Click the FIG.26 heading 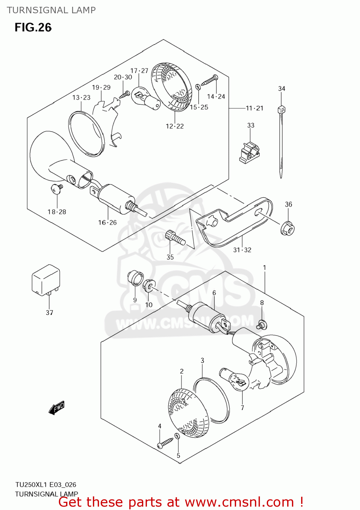33,28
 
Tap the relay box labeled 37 46,280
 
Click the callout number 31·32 242,250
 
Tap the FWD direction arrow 56,408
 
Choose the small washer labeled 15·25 198,87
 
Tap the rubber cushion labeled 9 135,278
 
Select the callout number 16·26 107,223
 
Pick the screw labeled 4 165,443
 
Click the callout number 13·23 81,98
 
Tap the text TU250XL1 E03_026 46,485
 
